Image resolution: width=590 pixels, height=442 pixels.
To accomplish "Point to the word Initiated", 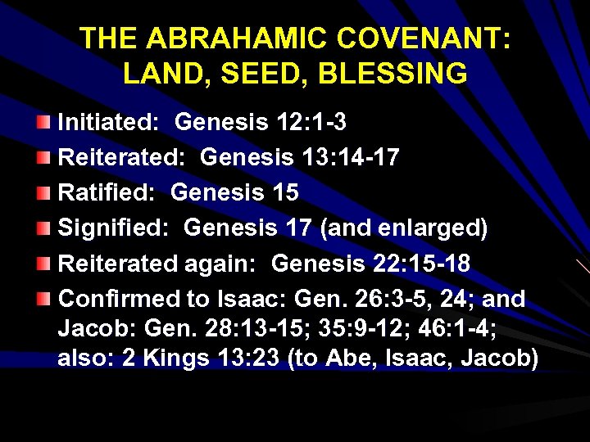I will [x=107, y=123].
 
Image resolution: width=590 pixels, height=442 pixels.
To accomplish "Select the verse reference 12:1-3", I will [x=313, y=123].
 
